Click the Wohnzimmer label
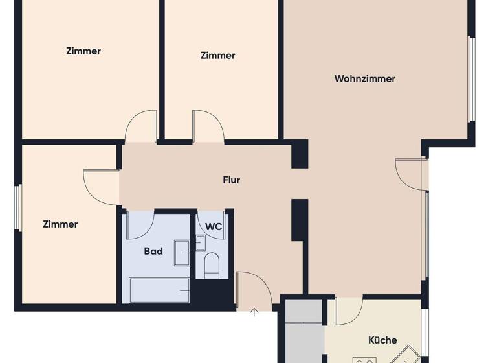[364, 79]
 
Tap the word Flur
[231, 180]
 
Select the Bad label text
[153, 251]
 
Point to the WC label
[214, 226]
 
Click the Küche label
[382, 340]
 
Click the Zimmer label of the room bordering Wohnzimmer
[217, 56]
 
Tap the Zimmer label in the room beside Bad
[60, 224]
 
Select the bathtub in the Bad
[159, 290]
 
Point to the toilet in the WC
[212, 266]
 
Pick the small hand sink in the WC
[200, 243]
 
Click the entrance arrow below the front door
[254, 312]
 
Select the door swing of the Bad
[139, 224]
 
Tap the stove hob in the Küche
[364, 358]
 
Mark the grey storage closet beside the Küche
[304, 331]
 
